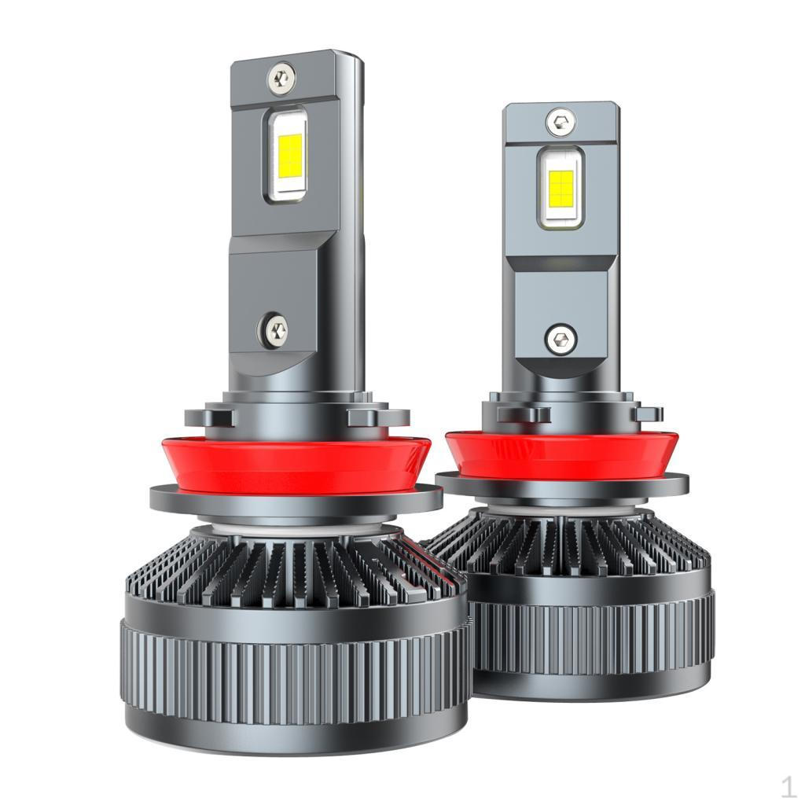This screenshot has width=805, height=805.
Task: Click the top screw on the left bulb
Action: (x=281, y=77)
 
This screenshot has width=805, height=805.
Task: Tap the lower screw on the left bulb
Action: (x=276, y=329)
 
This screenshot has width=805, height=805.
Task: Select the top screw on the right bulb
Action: (x=561, y=121)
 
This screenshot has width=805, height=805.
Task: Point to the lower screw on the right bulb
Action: (x=561, y=340)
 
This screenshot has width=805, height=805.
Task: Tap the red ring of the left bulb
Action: (x=296, y=466)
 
